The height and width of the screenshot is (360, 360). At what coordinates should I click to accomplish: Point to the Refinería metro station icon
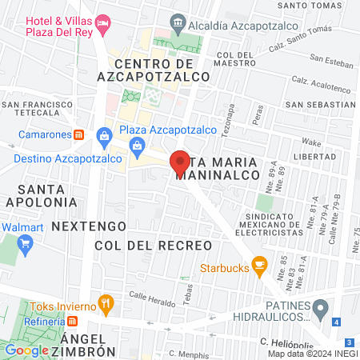pyautogui.click(x=72, y=321)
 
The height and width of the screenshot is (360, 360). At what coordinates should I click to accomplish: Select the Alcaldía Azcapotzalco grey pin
pyautogui.click(x=177, y=25)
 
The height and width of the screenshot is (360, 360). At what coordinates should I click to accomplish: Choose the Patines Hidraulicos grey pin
pyautogui.click(x=320, y=308)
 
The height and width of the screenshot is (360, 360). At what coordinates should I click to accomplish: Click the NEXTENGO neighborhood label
pyautogui.click(x=89, y=226)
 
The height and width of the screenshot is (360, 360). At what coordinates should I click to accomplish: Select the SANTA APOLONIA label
pyautogui.click(x=48, y=196)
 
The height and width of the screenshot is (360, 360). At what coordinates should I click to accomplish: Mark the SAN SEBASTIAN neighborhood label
pyautogui.click(x=320, y=104)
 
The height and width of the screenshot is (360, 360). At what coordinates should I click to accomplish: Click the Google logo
pyautogui.click(x=27, y=350)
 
